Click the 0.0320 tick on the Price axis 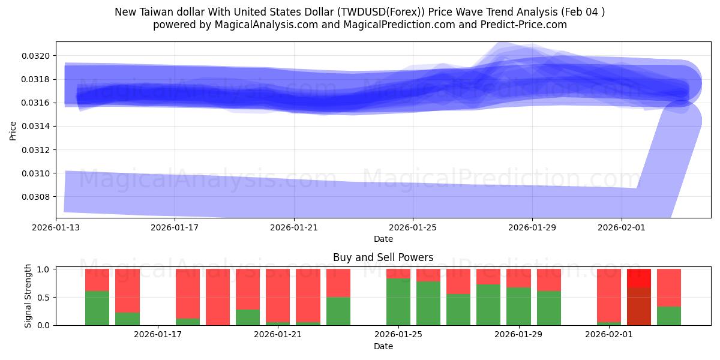coord(38,56)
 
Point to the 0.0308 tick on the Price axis coord(38,197)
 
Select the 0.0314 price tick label coord(38,126)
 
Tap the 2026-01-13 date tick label coord(56,227)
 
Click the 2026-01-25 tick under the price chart coord(413,227)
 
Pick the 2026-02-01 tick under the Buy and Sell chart coord(608,335)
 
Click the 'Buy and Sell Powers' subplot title coord(383,257)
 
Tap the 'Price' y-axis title coord(13,130)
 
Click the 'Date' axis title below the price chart coord(383,239)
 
